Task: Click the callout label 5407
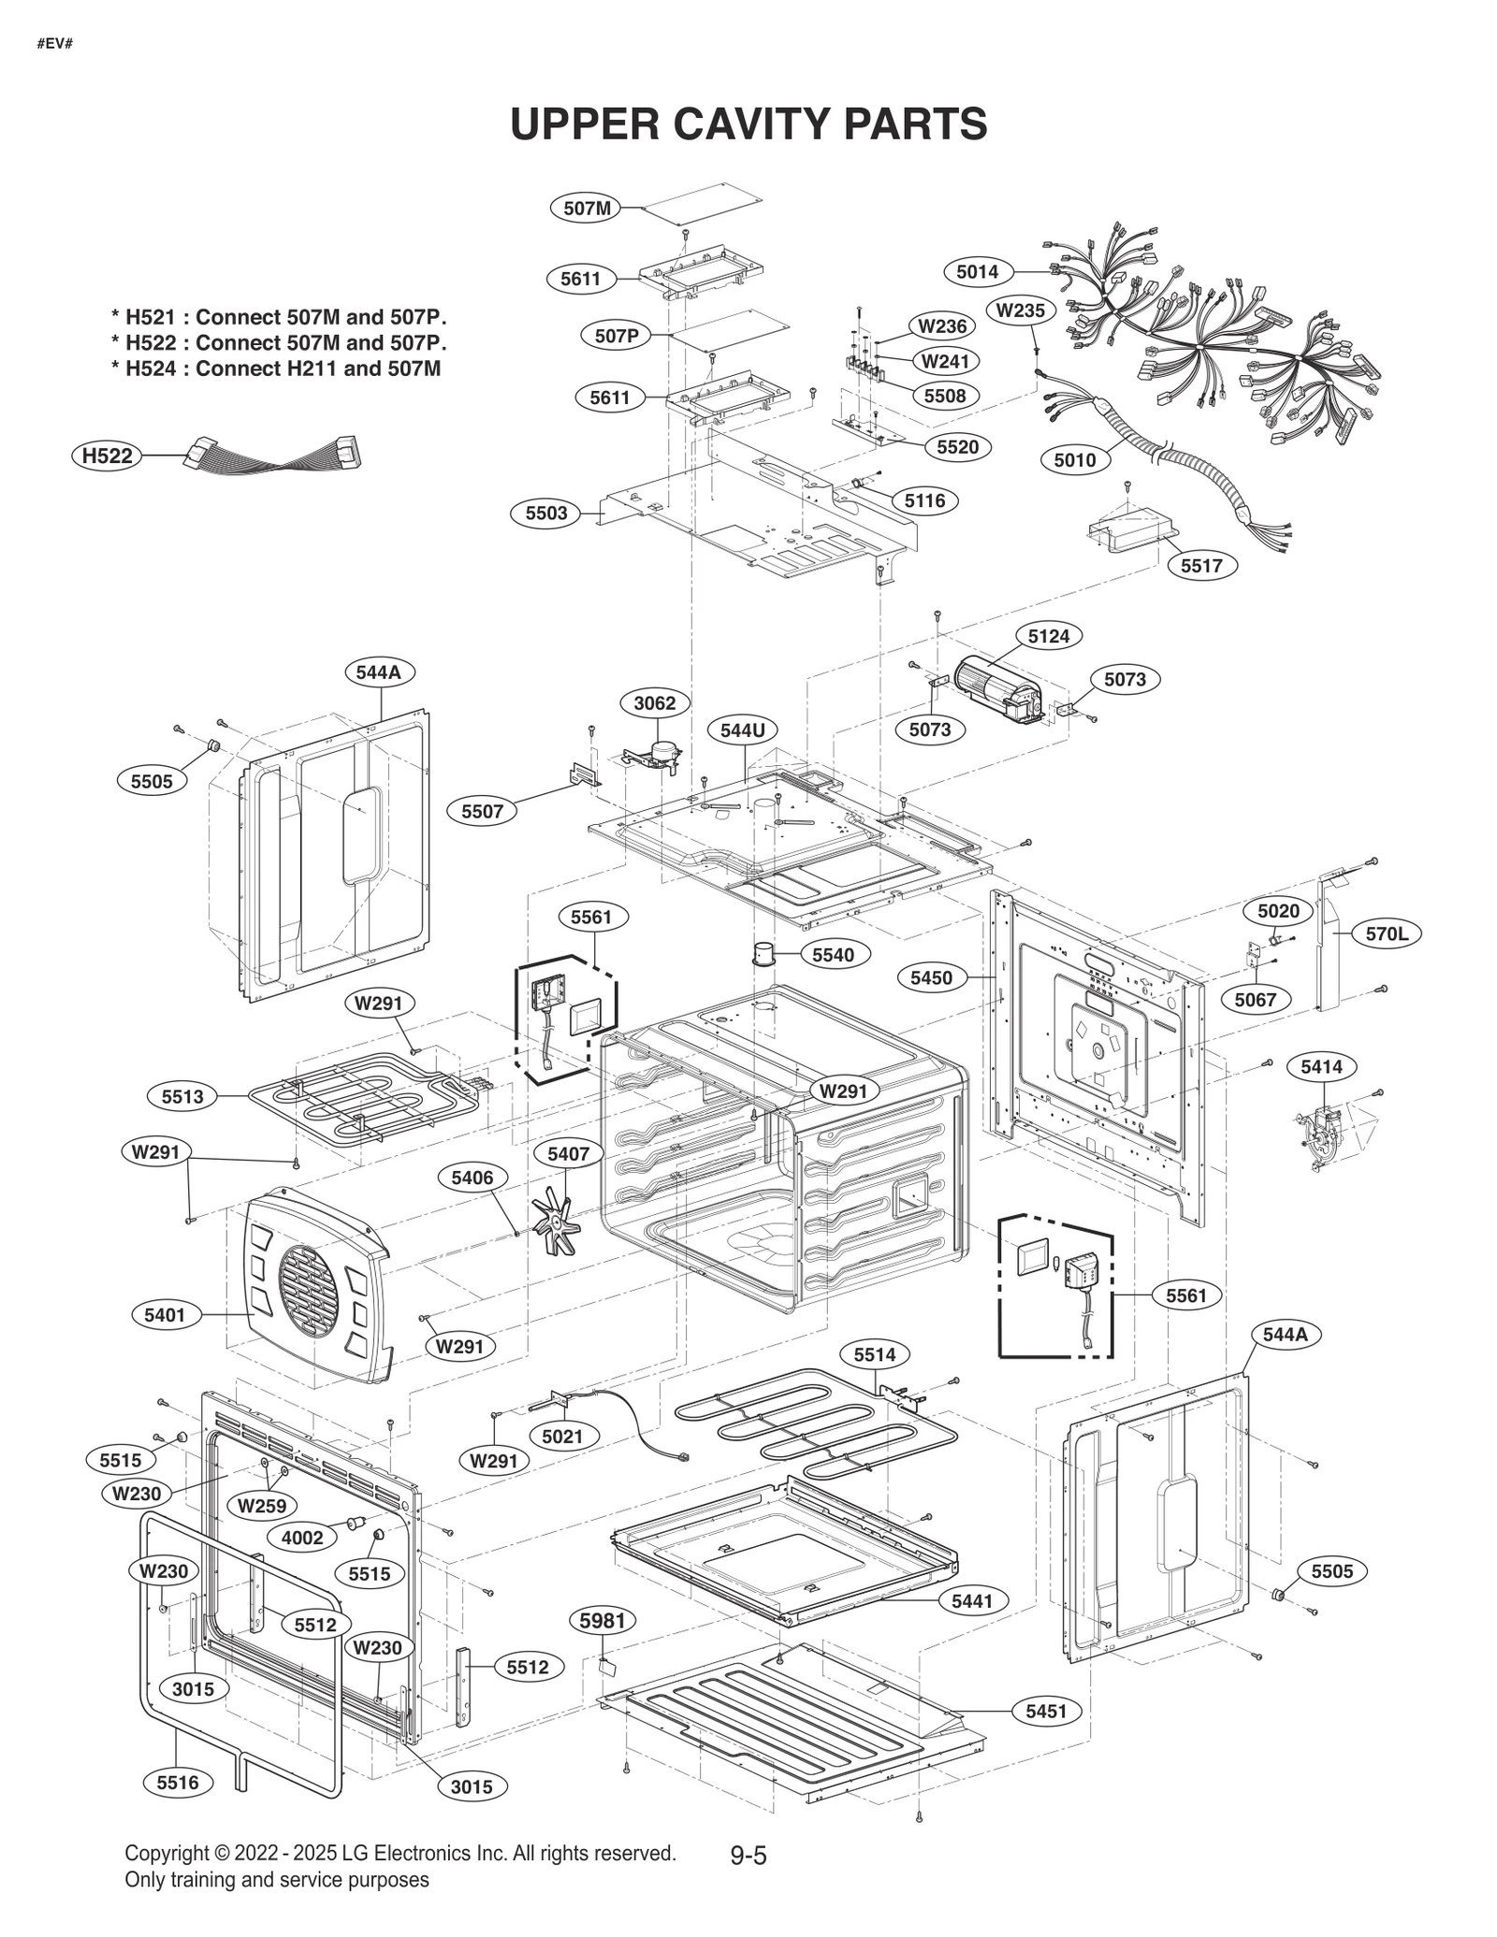(x=568, y=1154)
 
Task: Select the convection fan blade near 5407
(x=556, y=1221)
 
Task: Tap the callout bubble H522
(x=108, y=455)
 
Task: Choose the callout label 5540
(x=833, y=955)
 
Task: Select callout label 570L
(x=1386, y=933)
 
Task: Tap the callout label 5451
(x=1046, y=1711)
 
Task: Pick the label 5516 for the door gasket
(x=178, y=1783)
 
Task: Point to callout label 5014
(x=977, y=272)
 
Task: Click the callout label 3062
(x=654, y=703)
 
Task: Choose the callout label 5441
(x=973, y=1601)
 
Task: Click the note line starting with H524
(x=276, y=369)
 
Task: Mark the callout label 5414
(x=1321, y=1066)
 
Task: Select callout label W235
(x=1021, y=310)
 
